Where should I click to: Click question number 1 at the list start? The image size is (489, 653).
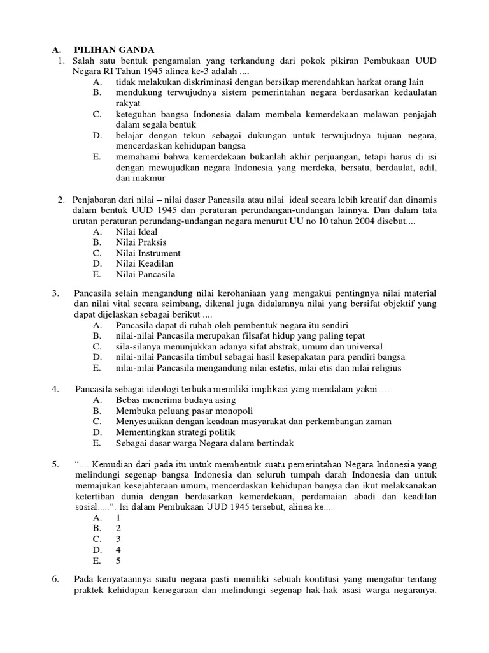coord(61,60)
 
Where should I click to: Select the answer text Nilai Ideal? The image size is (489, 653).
coord(136,231)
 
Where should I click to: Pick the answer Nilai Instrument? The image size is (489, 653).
coord(148,253)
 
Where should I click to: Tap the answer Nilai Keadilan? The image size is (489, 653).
coord(145,264)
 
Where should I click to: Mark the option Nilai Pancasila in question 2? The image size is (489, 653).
coord(145,275)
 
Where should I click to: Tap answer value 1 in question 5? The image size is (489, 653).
coord(118,517)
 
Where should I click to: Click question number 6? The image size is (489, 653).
coord(55,579)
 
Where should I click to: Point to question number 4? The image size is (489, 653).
coord(55,388)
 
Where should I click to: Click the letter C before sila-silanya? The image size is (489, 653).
coord(97,346)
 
